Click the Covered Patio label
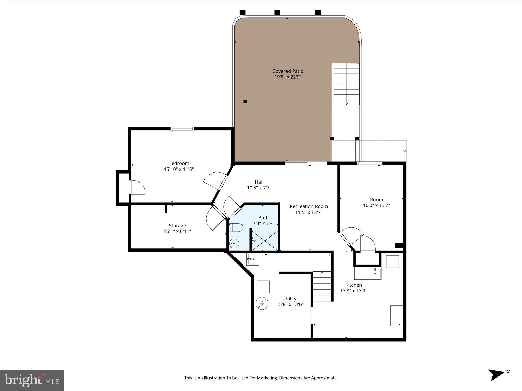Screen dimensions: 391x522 (288, 71)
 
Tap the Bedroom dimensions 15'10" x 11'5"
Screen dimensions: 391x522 (179, 169)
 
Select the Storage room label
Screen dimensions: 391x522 (177, 226)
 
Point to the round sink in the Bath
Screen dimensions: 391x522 (234, 244)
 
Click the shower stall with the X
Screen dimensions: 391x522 (265, 241)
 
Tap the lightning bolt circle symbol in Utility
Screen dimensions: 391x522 (262, 303)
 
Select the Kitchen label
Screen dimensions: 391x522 (354, 285)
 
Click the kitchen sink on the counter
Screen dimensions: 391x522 (375, 273)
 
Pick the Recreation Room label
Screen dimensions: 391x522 (309, 206)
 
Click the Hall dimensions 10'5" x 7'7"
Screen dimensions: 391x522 (259, 188)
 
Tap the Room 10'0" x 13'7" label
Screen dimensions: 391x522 (376, 202)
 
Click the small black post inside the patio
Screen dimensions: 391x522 (245, 102)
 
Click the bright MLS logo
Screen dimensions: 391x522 (32, 380)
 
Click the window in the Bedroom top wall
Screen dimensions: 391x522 (182, 129)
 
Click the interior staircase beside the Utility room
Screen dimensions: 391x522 (322, 287)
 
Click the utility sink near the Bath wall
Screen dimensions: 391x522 (252, 259)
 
